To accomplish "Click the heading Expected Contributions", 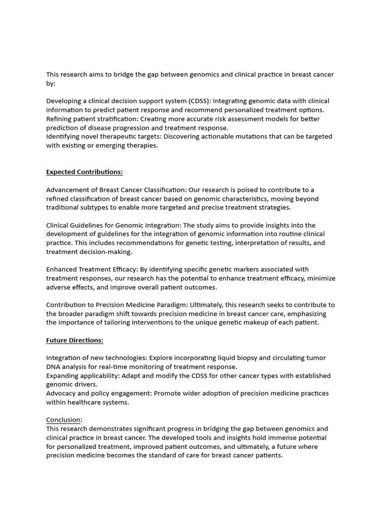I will coord(84,172).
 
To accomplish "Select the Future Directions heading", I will coord(75,340).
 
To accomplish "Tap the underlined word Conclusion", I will coord(64,420).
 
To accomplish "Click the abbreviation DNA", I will coord(54,367).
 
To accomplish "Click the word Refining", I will coord(59,119).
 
